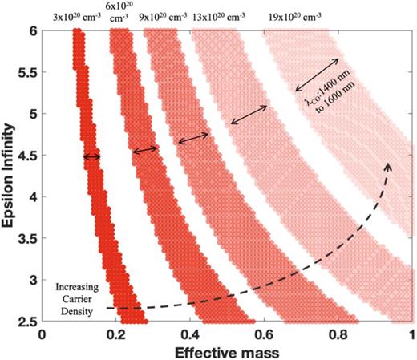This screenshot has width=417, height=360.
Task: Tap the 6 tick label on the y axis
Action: pos(33,30)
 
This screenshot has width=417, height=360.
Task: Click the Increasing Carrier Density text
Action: pos(76,297)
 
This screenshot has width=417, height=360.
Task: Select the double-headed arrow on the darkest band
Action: pos(92,157)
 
